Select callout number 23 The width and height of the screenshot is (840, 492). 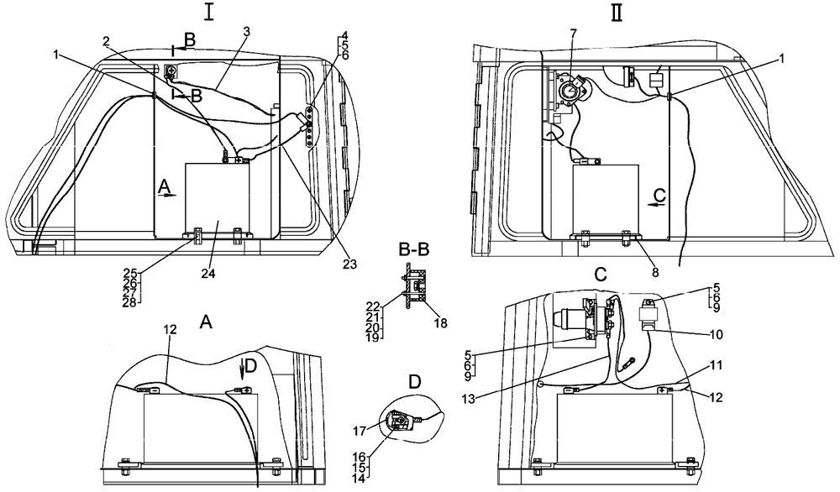[349, 264]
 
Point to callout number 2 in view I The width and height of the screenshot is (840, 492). [107, 40]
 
